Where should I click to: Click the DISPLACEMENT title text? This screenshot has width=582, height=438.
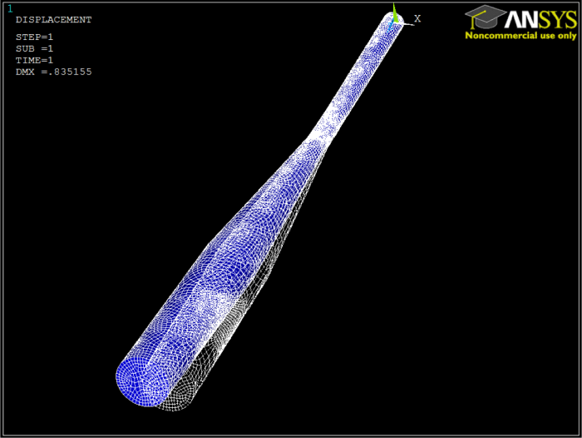coord(53,19)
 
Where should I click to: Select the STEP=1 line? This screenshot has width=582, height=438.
coord(34,37)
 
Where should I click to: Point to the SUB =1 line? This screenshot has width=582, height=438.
coord(34,48)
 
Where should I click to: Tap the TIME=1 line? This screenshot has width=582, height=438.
coord(34,60)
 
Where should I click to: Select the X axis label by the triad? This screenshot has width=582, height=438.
coord(417,18)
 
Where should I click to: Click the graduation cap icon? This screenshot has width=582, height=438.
coord(485,17)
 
